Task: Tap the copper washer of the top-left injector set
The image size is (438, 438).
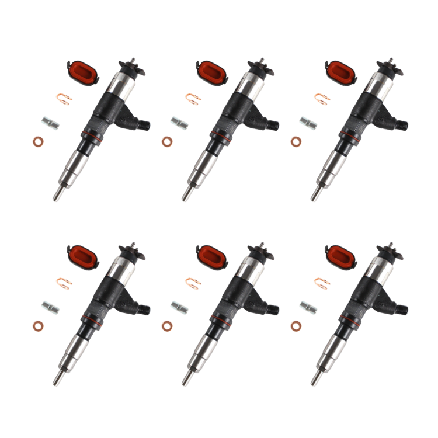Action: (38, 141)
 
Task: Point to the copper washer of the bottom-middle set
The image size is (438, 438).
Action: (167, 325)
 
